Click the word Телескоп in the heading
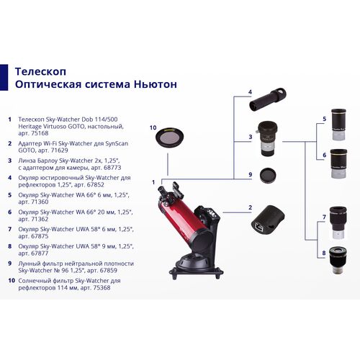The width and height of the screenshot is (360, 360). click(39, 71)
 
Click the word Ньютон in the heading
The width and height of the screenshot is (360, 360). click(151, 85)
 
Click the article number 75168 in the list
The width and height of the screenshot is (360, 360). click(36, 133)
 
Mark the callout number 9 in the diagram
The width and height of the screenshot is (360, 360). click(250, 174)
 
